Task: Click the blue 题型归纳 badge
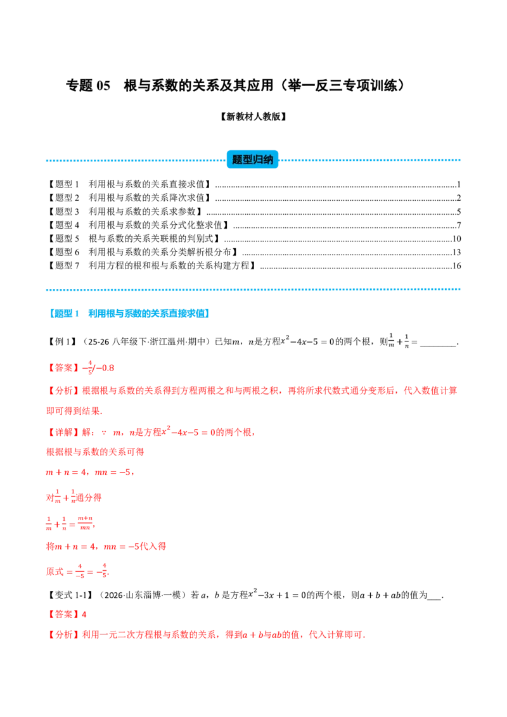(253, 160)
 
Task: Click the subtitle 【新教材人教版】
(253, 117)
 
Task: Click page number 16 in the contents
(456, 265)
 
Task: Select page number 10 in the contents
(456, 239)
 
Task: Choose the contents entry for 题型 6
(143, 252)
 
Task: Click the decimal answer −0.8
(105, 368)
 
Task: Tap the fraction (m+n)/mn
(85, 523)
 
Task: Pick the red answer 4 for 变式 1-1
(84, 614)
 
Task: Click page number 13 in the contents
(456, 252)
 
